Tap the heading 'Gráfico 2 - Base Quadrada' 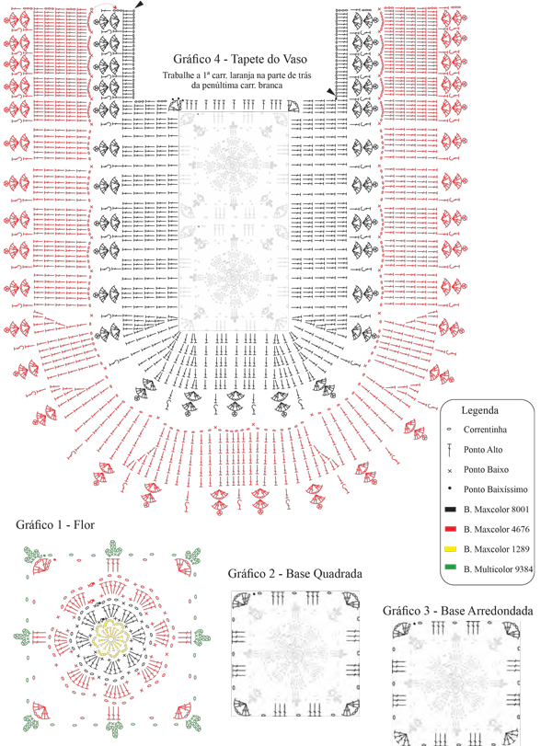294,574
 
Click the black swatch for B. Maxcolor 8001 450,510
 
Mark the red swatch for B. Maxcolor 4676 450,530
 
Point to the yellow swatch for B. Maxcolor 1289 450,549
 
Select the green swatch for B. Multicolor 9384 450,569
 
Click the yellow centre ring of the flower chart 110,635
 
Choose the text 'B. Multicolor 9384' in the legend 500,569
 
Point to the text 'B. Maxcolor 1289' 498,549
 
